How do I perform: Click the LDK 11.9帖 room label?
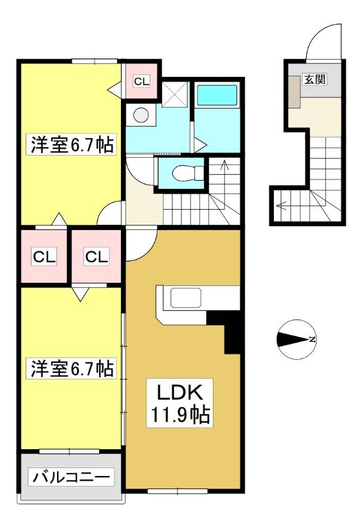pos(180,403)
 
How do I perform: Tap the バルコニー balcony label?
pos(71,477)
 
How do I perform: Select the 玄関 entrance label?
pos(315,80)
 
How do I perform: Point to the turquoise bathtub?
pos(217,95)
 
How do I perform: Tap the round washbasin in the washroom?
pos(141,115)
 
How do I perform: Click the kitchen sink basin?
pos(186,298)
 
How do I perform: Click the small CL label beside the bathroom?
pos(141,81)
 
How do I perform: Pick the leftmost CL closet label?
pos(44,257)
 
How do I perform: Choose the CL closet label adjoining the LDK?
pos(97,257)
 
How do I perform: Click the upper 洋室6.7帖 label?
pos(72,145)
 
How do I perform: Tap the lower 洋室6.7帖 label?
pos(72,368)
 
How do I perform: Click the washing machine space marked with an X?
pos(175,94)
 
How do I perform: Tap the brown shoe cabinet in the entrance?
pos(295,92)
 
